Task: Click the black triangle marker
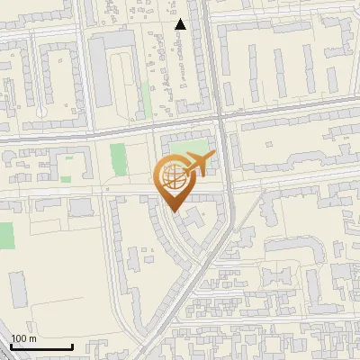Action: click(x=181, y=24)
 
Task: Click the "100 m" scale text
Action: click(x=23, y=338)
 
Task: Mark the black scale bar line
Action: click(x=41, y=346)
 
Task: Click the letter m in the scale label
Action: click(x=32, y=338)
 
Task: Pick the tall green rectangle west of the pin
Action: click(x=118, y=160)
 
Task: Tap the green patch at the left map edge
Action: click(x=6, y=237)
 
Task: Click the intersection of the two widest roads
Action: click(x=221, y=118)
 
